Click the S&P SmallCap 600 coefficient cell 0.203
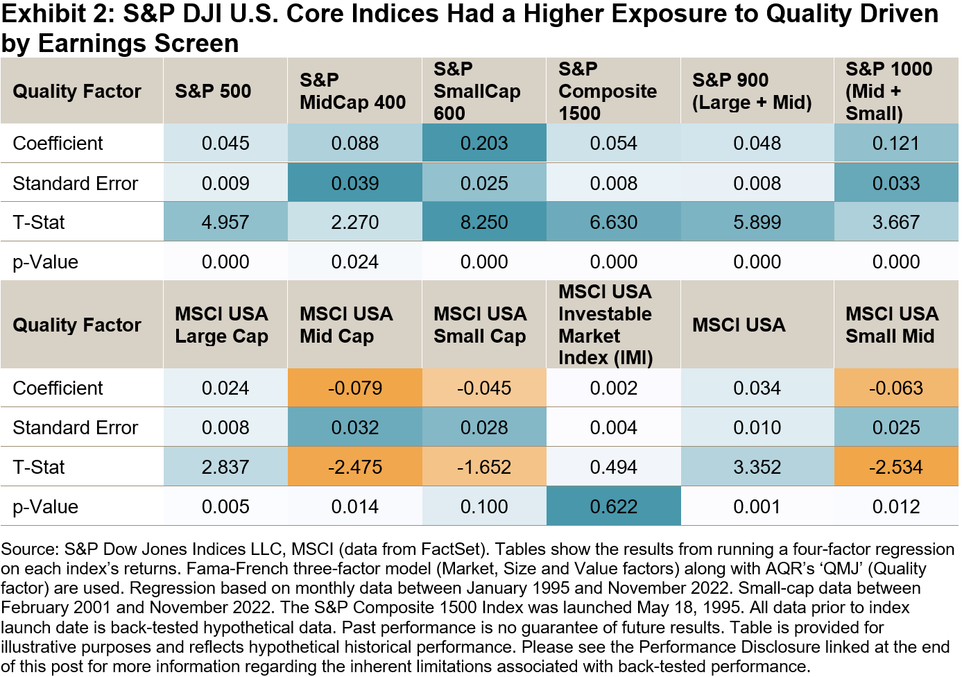[x=484, y=144]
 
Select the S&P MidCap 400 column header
[x=352, y=91]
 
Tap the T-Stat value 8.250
[x=484, y=223]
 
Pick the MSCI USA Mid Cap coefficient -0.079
[x=354, y=388]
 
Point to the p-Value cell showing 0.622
[x=614, y=507]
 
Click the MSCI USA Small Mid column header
[x=892, y=325]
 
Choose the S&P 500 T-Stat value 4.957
[x=225, y=223]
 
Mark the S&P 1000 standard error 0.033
[x=896, y=184]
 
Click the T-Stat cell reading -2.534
[x=896, y=468]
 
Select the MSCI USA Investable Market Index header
[x=605, y=325]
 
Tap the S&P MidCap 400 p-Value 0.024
[x=354, y=262]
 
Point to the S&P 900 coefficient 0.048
[x=757, y=144]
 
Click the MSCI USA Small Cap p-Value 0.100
[x=484, y=507]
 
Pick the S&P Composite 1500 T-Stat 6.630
[x=614, y=223]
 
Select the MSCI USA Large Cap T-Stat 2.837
[x=225, y=468]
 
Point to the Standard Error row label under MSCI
[x=76, y=428]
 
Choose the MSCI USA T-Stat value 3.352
[x=757, y=468]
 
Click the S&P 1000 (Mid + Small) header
[x=888, y=91]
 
